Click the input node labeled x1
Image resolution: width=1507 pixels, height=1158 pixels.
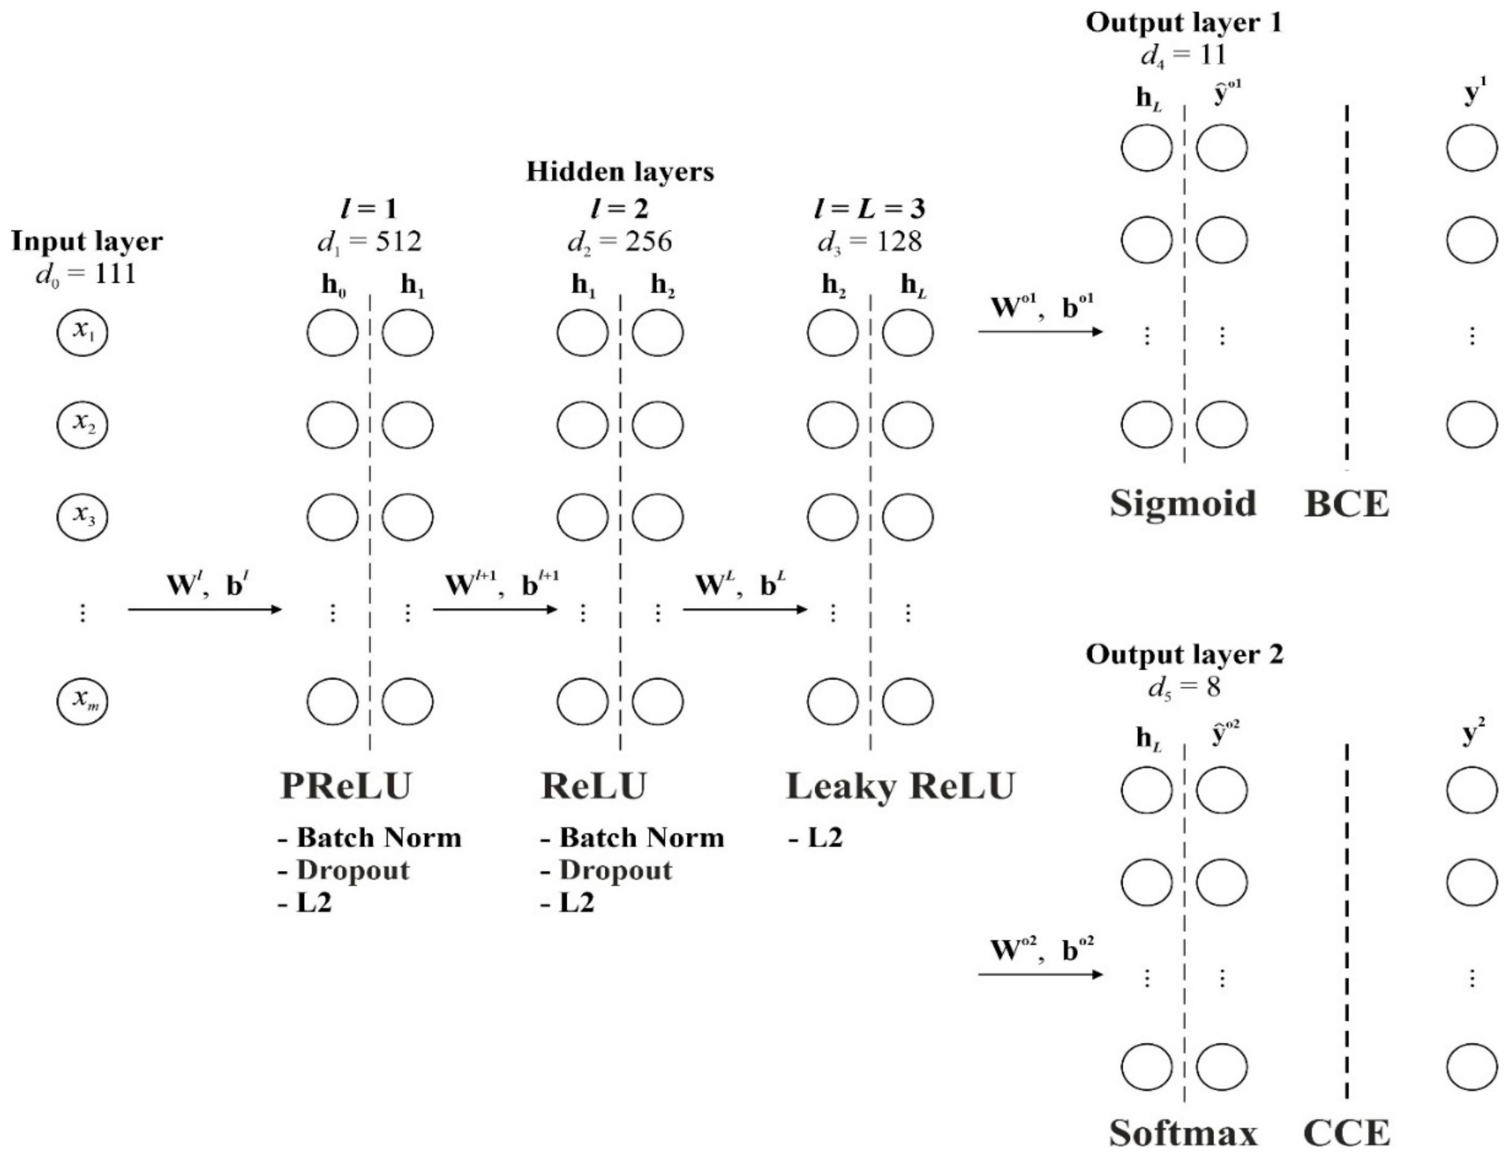(x=83, y=332)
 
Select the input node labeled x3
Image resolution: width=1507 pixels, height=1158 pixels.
(x=83, y=516)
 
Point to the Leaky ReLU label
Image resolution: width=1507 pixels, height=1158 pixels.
(x=900, y=786)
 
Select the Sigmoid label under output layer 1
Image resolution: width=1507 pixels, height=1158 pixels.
(x=1183, y=503)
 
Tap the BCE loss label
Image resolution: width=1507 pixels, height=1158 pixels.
(x=1346, y=504)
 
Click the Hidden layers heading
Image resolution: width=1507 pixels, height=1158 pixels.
(x=620, y=172)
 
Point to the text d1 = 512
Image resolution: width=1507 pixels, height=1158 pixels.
(x=369, y=241)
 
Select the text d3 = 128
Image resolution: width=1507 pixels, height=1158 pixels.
(x=870, y=241)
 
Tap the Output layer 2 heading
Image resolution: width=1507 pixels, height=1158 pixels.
(x=1185, y=654)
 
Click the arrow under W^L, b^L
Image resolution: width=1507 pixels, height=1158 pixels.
(x=744, y=609)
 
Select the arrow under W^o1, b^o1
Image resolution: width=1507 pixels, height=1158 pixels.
(x=1040, y=332)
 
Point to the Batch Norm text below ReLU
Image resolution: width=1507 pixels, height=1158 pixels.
(x=641, y=838)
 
